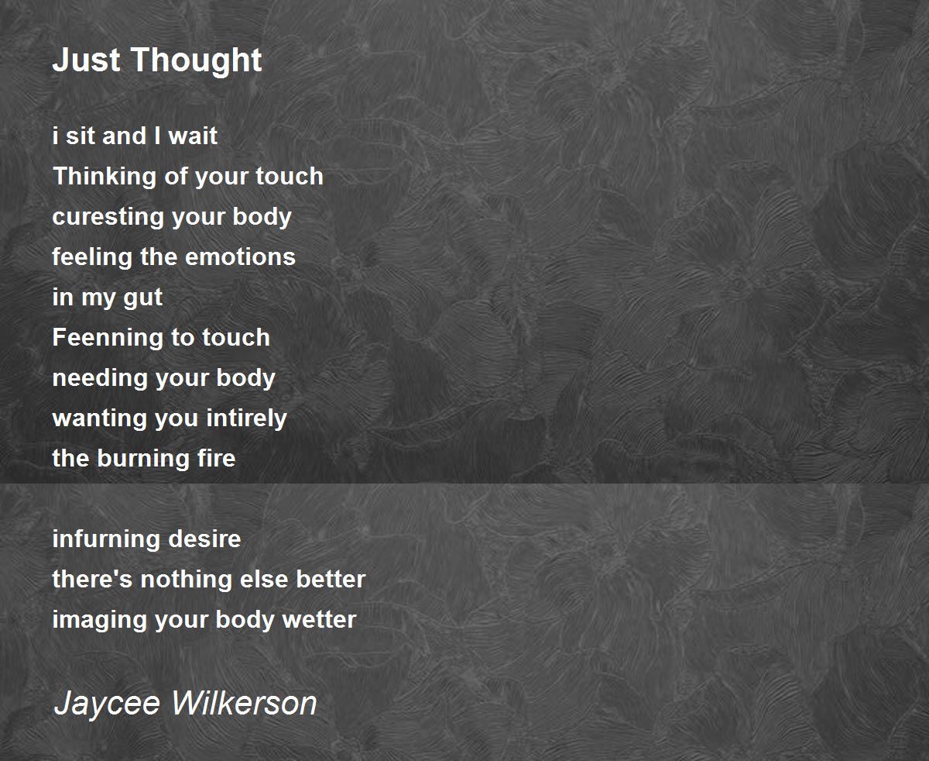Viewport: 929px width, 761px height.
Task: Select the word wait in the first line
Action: click(193, 136)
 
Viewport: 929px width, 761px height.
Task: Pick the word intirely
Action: click(246, 418)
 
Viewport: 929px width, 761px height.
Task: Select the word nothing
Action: click(186, 580)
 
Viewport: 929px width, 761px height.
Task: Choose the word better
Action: click(331, 580)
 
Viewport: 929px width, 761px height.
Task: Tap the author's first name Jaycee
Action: click(107, 704)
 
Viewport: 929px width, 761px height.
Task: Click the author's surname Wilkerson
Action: click(244, 703)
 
